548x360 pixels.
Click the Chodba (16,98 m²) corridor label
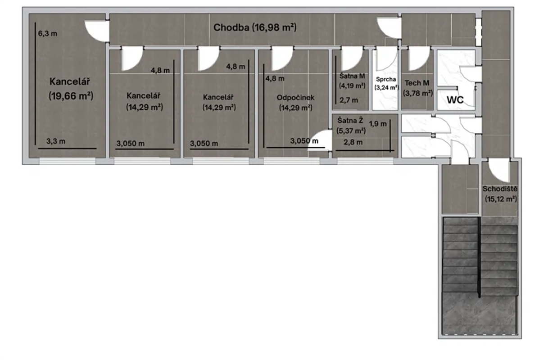pos(255,27)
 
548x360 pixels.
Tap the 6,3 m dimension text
pos(47,33)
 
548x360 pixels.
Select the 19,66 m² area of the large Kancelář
pos(71,95)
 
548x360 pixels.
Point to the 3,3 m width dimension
pos(56,141)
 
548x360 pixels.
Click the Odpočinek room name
pos(295,98)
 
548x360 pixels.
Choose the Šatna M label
pos(352,76)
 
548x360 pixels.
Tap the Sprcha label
pos(386,79)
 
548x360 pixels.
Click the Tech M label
pos(417,83)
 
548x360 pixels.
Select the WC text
pos(455,100)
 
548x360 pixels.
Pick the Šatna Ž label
pos(350,121)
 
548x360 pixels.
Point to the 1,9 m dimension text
pos(378,124)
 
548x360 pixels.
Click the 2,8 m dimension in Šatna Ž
pos(353,142)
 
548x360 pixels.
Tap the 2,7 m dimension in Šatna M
pos(349,100)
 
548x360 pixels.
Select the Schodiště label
pos(500,189)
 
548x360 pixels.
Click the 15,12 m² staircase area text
pos(501,199)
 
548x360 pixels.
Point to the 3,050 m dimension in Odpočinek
pos(304,141)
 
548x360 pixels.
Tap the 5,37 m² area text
pos(351,131)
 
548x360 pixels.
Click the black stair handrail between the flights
pos(479,257)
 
